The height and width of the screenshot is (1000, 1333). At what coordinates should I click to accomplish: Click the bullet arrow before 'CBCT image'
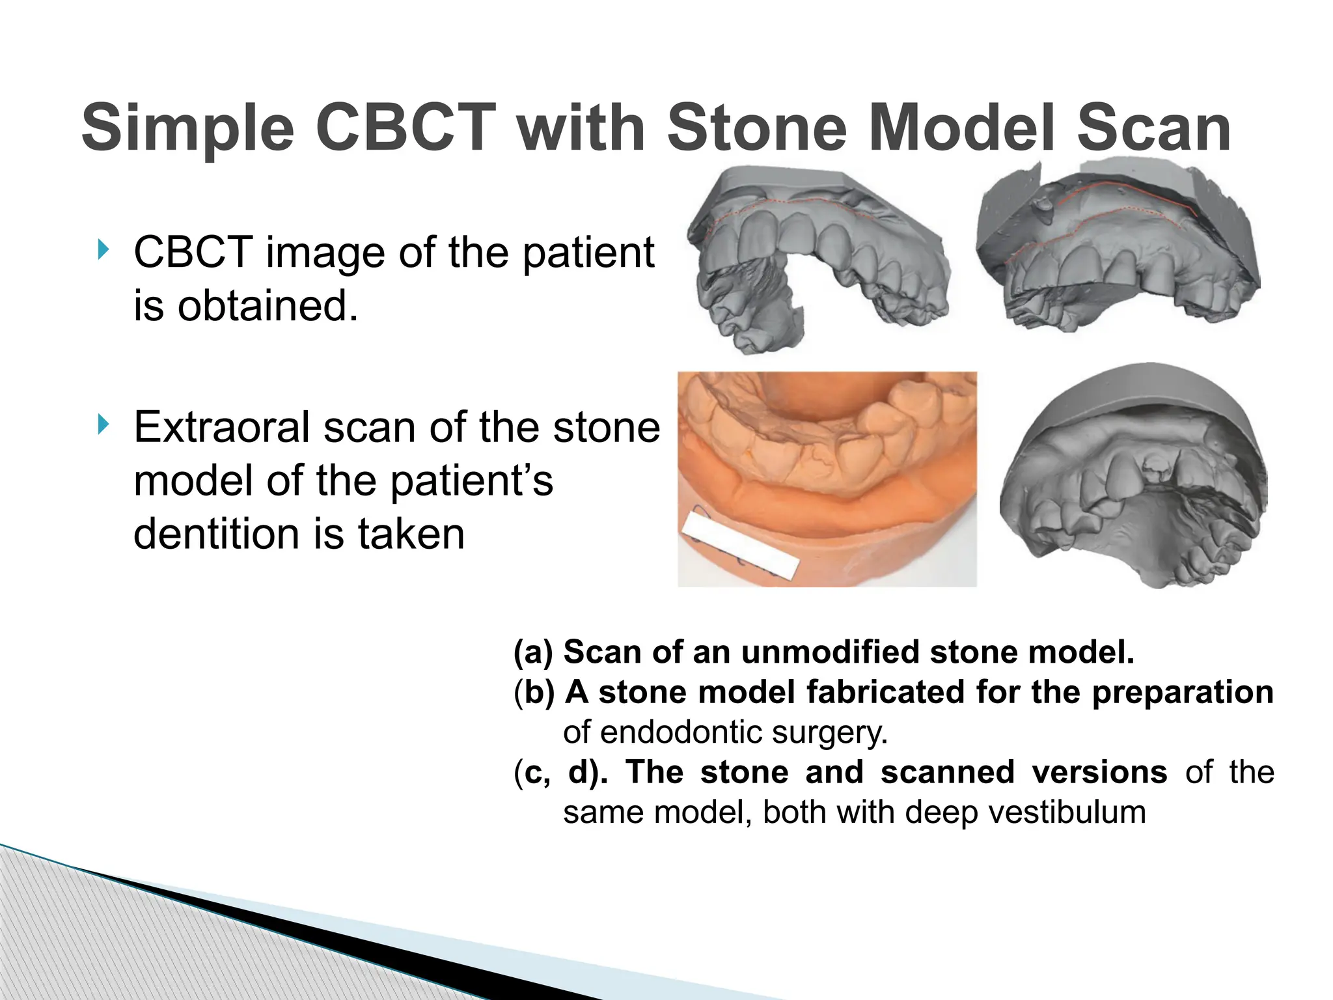pyautogui.click(x=102, y=249)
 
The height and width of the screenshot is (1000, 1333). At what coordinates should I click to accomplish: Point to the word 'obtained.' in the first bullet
pyautogui.click(x=268, y=306)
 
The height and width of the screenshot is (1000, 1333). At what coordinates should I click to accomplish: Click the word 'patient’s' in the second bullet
pyautogui.click(x=472, y=481)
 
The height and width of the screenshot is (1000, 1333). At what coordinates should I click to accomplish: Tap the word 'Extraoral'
pyautogui.click(x=221, y=428)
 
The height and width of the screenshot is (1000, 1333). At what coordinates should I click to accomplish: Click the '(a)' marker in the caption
pyautogui.click(x=533, y=652)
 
